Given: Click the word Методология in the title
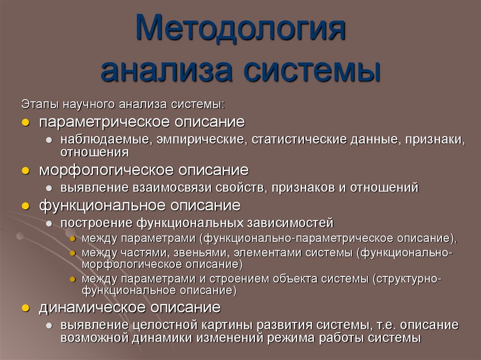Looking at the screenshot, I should pyautogui.click(x=240, y=29).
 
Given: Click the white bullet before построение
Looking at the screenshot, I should pyautogui.click(x=49, y=222).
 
